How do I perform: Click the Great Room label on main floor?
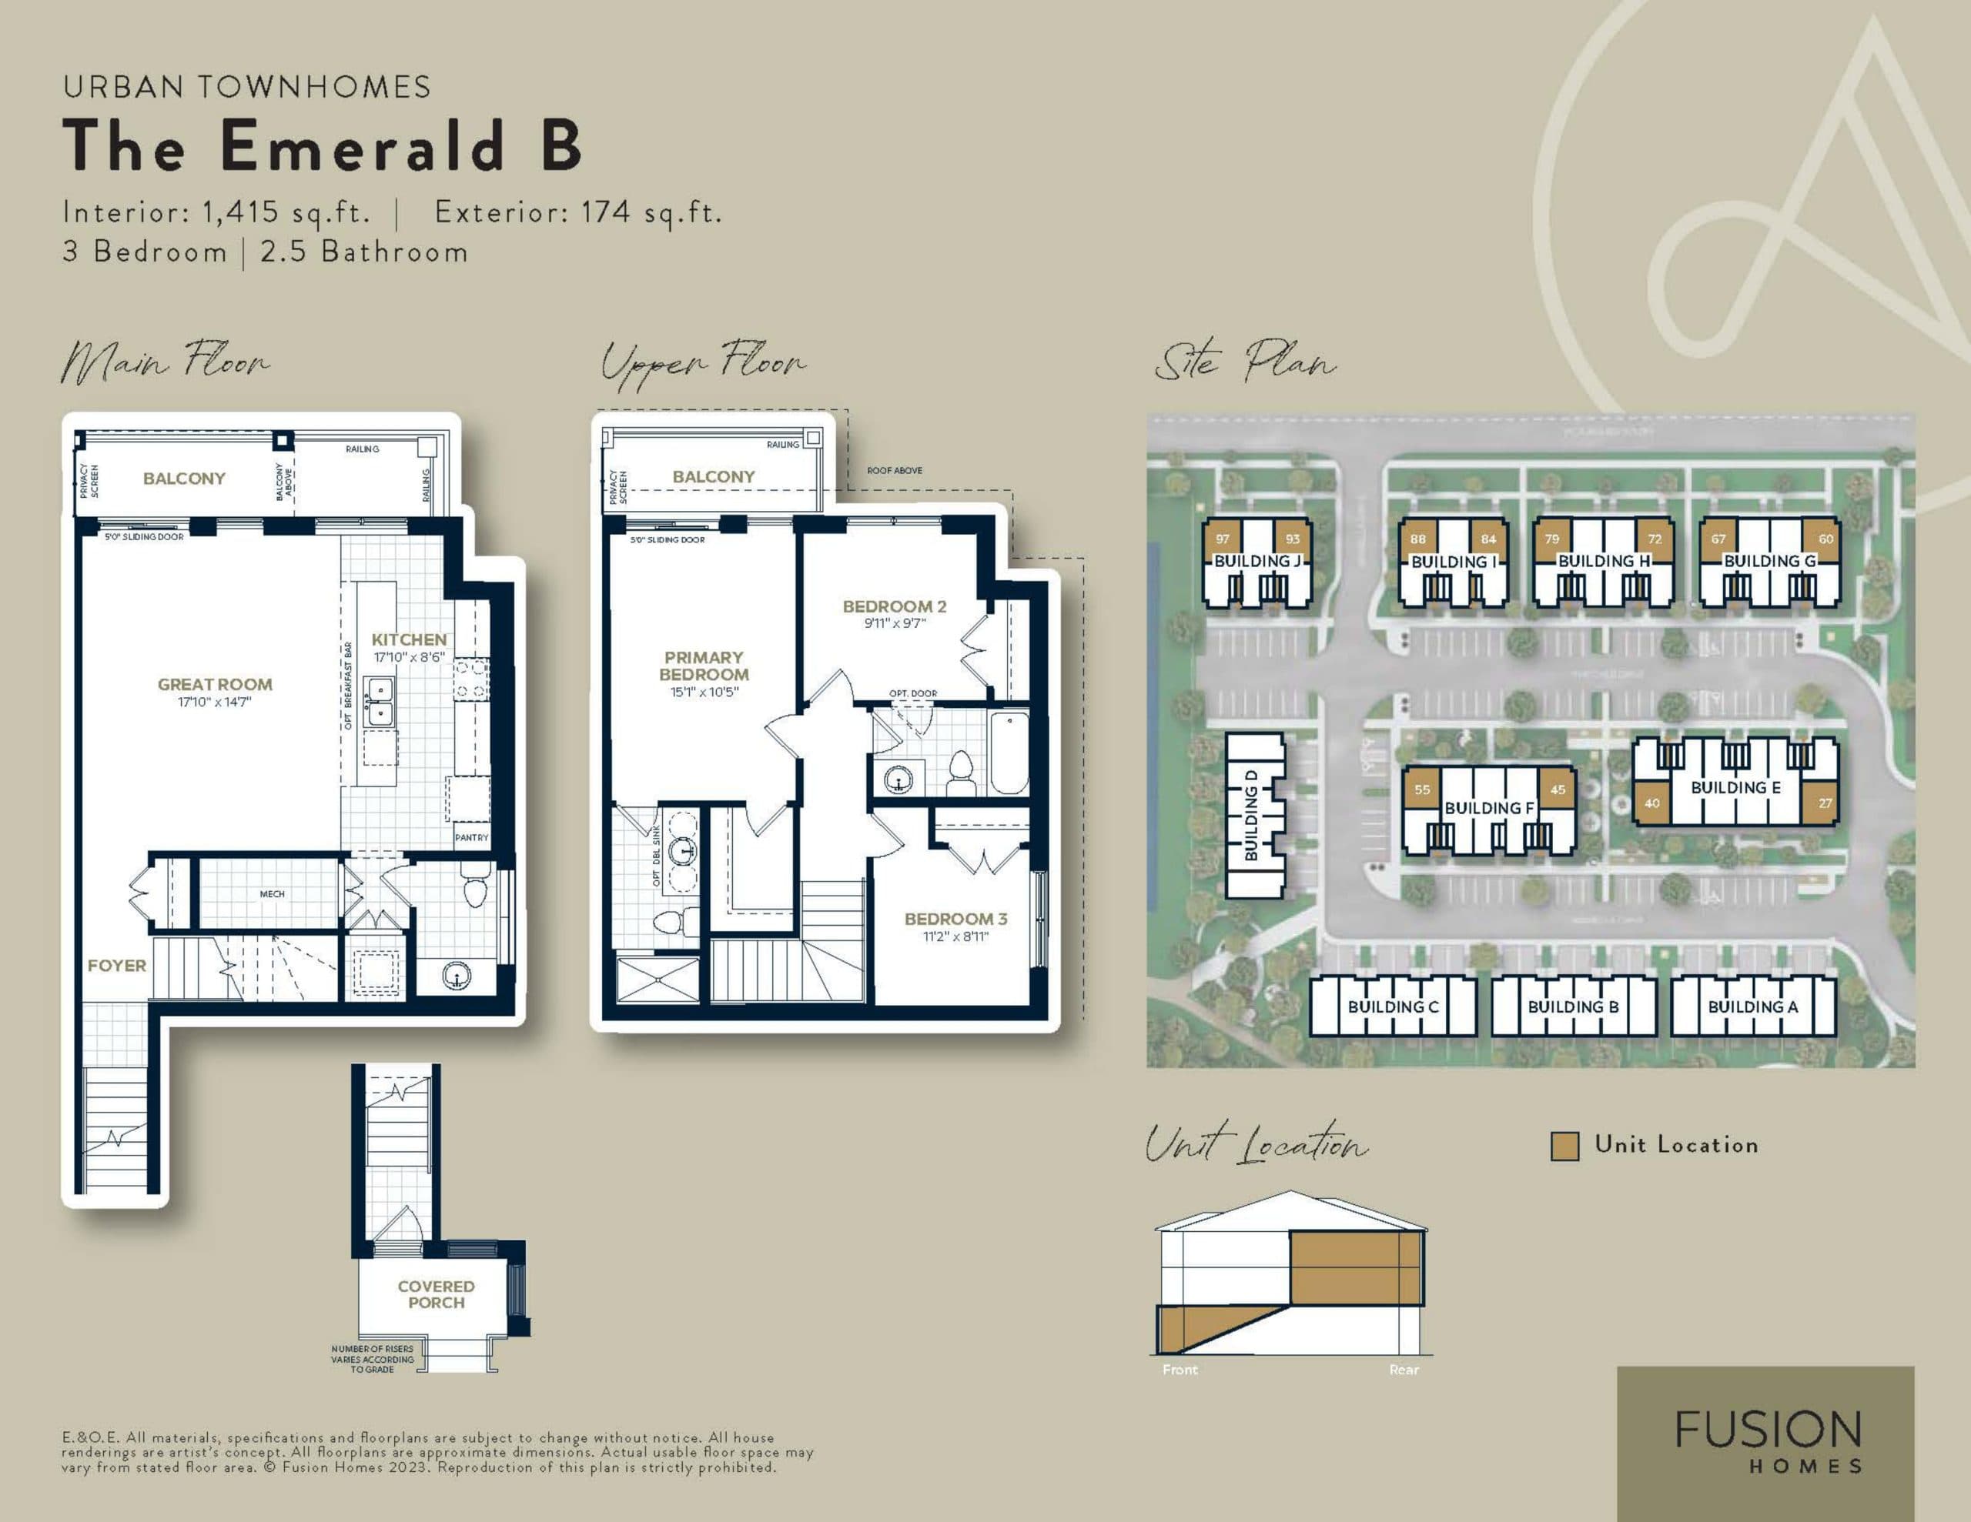[215, 684]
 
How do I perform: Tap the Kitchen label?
[409, 639]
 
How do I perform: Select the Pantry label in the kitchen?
[471, 837]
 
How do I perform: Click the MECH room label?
[272, 894]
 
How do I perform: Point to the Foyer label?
[116, 966]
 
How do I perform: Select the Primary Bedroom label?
[704, 666]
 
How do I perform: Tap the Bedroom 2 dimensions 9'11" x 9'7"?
[895, 623]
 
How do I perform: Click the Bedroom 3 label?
[955, 919]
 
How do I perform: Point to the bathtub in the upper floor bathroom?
[1009, 753]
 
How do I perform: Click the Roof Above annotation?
[895, 470]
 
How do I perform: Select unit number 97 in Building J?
[1223, 539]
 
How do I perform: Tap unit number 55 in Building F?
[1422, 789]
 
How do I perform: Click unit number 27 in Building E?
[1825, 803]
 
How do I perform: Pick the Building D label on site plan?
[1251, 816]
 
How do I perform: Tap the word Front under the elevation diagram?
[1180, 1370]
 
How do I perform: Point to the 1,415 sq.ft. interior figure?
[286, 212]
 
